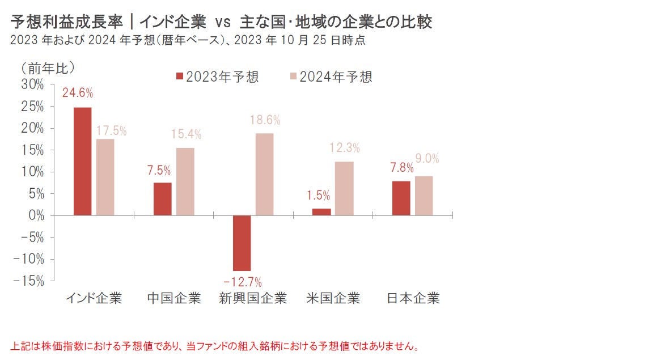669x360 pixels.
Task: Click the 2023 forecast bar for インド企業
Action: (x=82, y=161)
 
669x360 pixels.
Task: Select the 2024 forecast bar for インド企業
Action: (x=105, y=177)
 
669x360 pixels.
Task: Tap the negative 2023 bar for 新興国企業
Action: (x=242, y=243)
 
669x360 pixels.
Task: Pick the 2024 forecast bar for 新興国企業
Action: (x=264, y=174)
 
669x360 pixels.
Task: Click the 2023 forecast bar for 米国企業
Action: (x=321, y=212)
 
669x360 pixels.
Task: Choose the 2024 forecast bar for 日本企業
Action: (x=424, y=196)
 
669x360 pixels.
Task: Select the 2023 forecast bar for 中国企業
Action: (x=163, y=199)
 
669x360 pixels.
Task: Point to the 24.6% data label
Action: (x=78, y=93)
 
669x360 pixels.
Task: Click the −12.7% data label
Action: (x=242, y=281)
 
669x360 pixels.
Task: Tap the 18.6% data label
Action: (x=265, y=120)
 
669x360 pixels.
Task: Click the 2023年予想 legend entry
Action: (x=217, y=78)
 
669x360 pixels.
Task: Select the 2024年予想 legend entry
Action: (x=331, y=78)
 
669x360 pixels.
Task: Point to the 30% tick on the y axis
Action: (x=32, y=84)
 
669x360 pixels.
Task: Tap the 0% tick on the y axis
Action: (x=35, y=215)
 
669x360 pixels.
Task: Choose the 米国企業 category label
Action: (x=333, y=298)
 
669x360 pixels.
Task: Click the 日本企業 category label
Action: (x=413, y=298)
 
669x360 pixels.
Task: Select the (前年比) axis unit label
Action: (x=48, y=67)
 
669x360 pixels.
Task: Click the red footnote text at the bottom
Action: (x=215, y=346)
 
